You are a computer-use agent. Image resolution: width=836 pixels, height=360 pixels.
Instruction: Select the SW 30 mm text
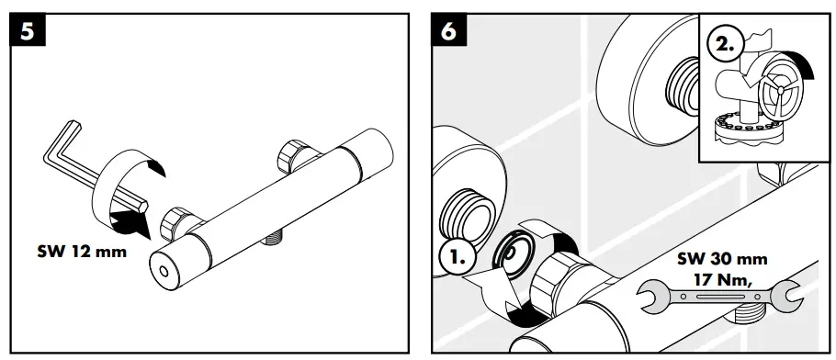(x=722, y=260)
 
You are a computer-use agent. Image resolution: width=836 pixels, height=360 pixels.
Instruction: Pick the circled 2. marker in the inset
(x=723, y=44)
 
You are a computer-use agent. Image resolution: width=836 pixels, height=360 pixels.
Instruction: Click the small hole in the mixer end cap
(x=163, y=273)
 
